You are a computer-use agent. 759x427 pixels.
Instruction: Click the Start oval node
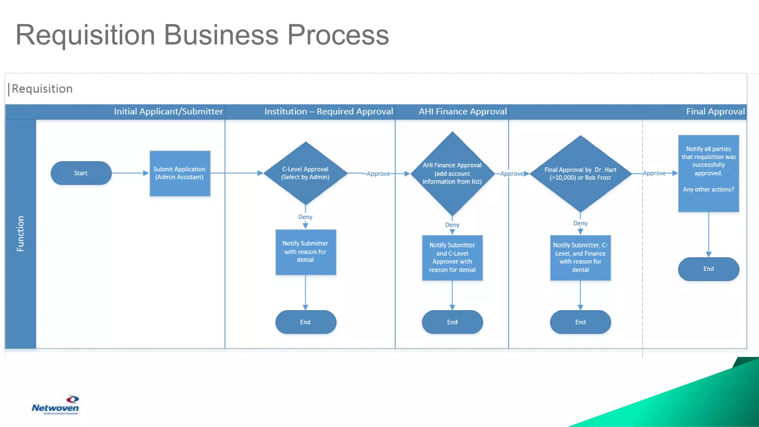point(81,173)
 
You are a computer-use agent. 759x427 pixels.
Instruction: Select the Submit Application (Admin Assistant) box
point(180,173)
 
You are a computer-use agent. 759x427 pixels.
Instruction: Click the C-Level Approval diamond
point(305,173)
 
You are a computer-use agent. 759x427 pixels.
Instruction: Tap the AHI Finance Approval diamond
point(452,173)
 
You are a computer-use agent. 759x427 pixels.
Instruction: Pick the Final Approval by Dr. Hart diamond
point(580,173)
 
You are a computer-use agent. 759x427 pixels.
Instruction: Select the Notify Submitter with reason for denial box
point(305,252)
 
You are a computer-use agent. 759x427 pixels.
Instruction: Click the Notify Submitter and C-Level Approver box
point(452,258)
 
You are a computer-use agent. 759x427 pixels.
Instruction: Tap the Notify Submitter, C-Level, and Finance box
point(580,258)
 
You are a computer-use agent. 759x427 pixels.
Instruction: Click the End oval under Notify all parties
point(708,269)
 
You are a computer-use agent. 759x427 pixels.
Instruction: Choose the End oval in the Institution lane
point(305,322)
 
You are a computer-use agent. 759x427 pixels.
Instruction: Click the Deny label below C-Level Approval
point(305,217)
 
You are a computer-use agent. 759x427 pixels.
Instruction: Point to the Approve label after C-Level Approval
point(378,173)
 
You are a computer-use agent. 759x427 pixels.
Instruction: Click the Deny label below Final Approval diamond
point(580,223)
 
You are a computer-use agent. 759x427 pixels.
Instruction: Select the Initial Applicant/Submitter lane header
point(168,112)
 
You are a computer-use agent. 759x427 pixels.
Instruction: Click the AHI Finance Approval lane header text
point(463,112)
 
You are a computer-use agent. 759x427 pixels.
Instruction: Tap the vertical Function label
point(20,234)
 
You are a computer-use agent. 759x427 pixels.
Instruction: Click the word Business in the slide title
point(221,35)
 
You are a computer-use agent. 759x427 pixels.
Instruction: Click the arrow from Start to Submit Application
point(130,173)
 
